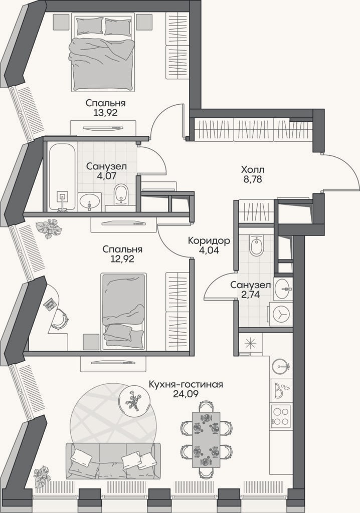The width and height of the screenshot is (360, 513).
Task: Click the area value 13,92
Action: tap(105, 113)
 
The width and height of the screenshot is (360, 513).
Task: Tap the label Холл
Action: tap(253, 170)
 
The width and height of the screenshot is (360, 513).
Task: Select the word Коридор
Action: tap(209, 241)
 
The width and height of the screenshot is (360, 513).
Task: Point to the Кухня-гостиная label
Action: tap(186, 384)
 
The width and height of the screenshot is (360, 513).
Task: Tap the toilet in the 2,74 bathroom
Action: tap(256, 245)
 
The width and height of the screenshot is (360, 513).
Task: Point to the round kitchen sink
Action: tap(281, 366)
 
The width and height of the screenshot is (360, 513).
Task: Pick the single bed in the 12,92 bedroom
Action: tap(123, 312)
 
